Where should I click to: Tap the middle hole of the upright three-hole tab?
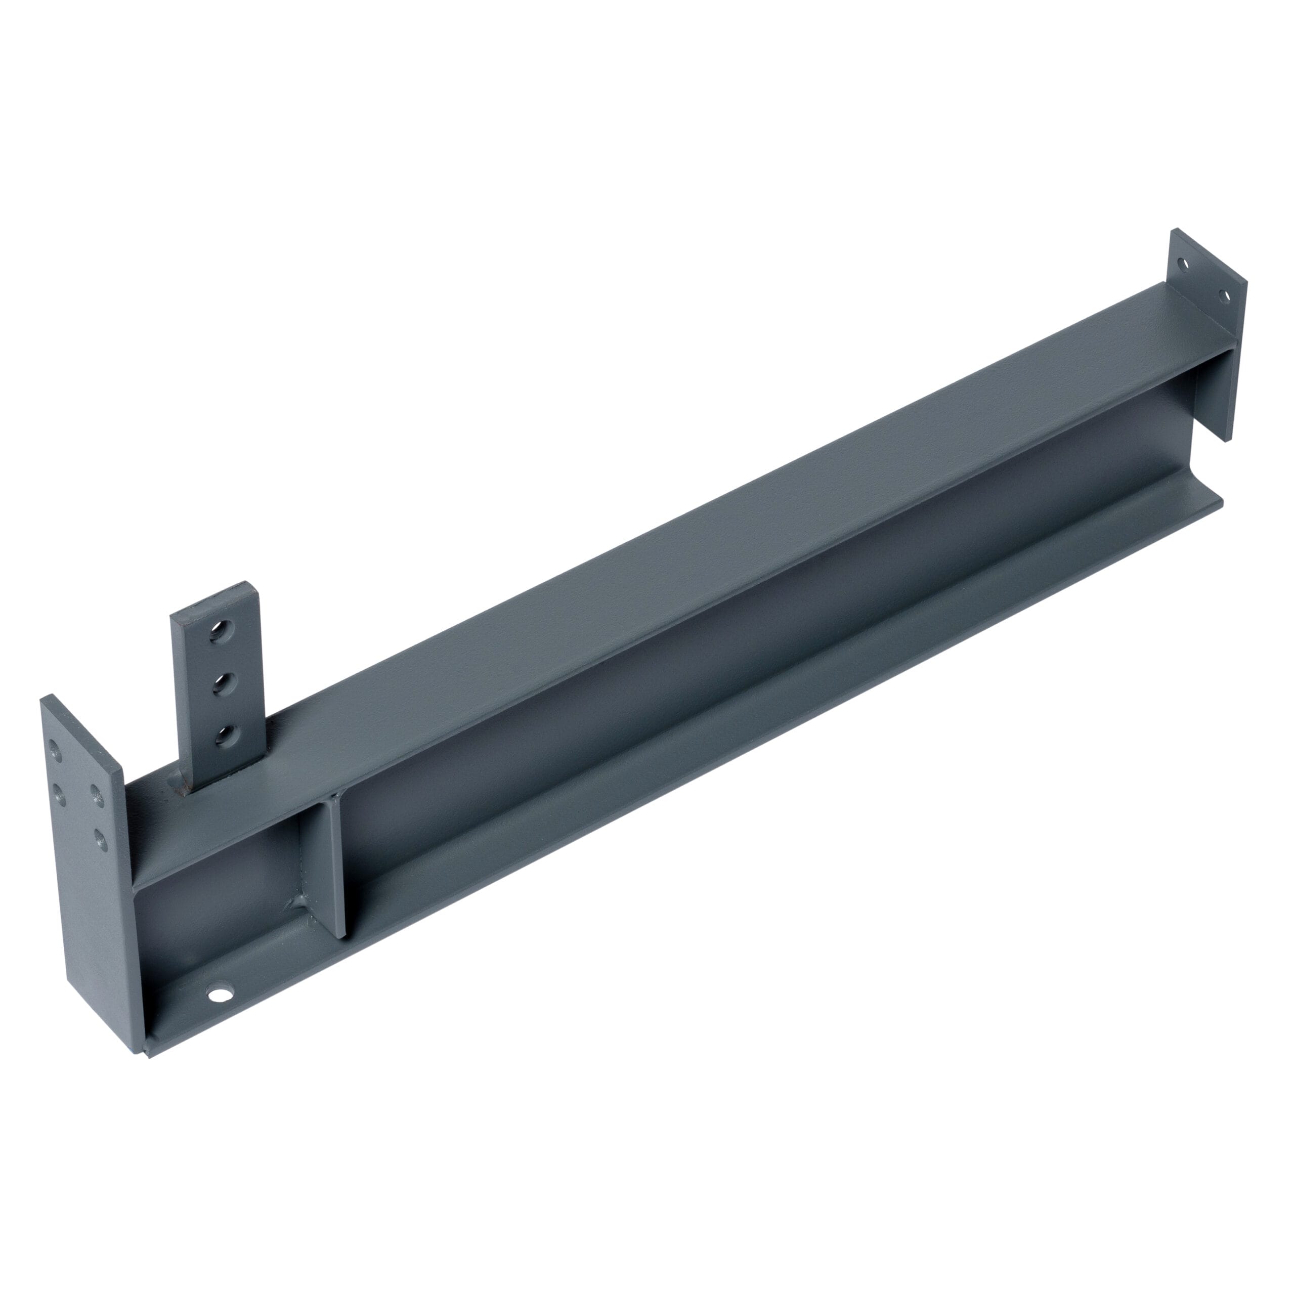click(x=222, y=684)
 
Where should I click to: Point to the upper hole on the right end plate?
click(x=1183, y=264)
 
